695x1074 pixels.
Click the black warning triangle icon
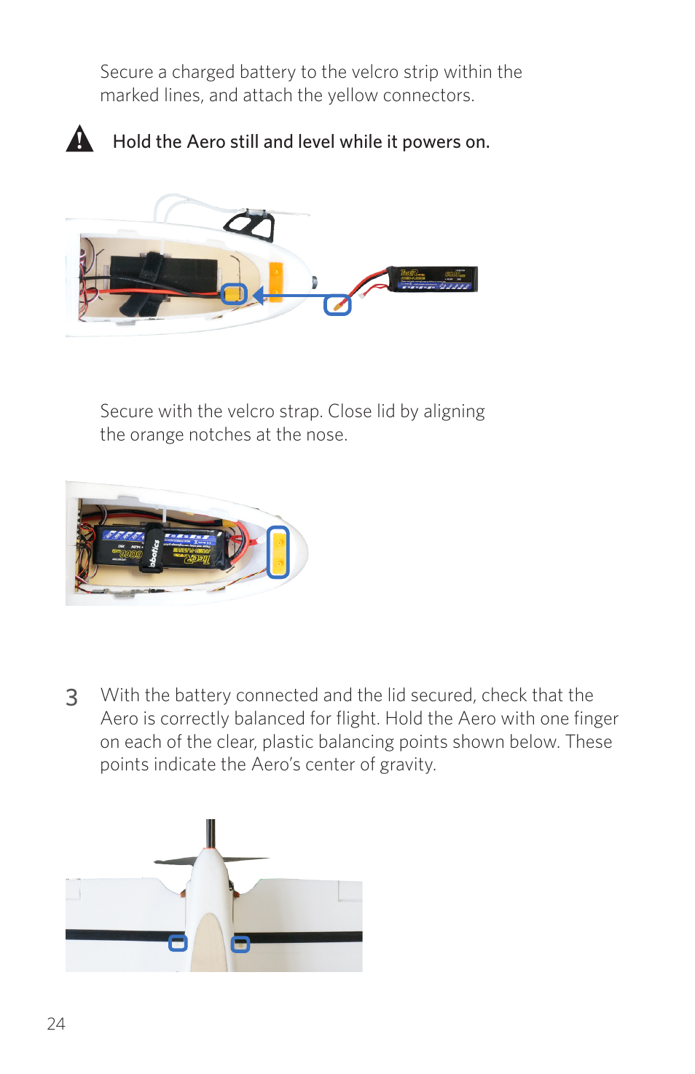[x=79, y=138]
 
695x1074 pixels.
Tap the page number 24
[x=56, y=1024]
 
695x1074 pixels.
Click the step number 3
[x=71, y=698]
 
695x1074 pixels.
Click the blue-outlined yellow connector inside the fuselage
[x=234, y=294]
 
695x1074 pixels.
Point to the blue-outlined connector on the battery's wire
[x=337, y=304]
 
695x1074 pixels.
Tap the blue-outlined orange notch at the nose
[x=278, y=552]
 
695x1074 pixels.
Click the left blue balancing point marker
[x=178, y=943]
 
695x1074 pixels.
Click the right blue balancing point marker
[x=240, y=944]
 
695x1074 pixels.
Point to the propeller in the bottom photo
[x=211, y=859]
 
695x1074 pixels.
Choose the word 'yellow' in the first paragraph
[x=353, y=95]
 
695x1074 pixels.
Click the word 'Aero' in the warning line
[x=206, y=142]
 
